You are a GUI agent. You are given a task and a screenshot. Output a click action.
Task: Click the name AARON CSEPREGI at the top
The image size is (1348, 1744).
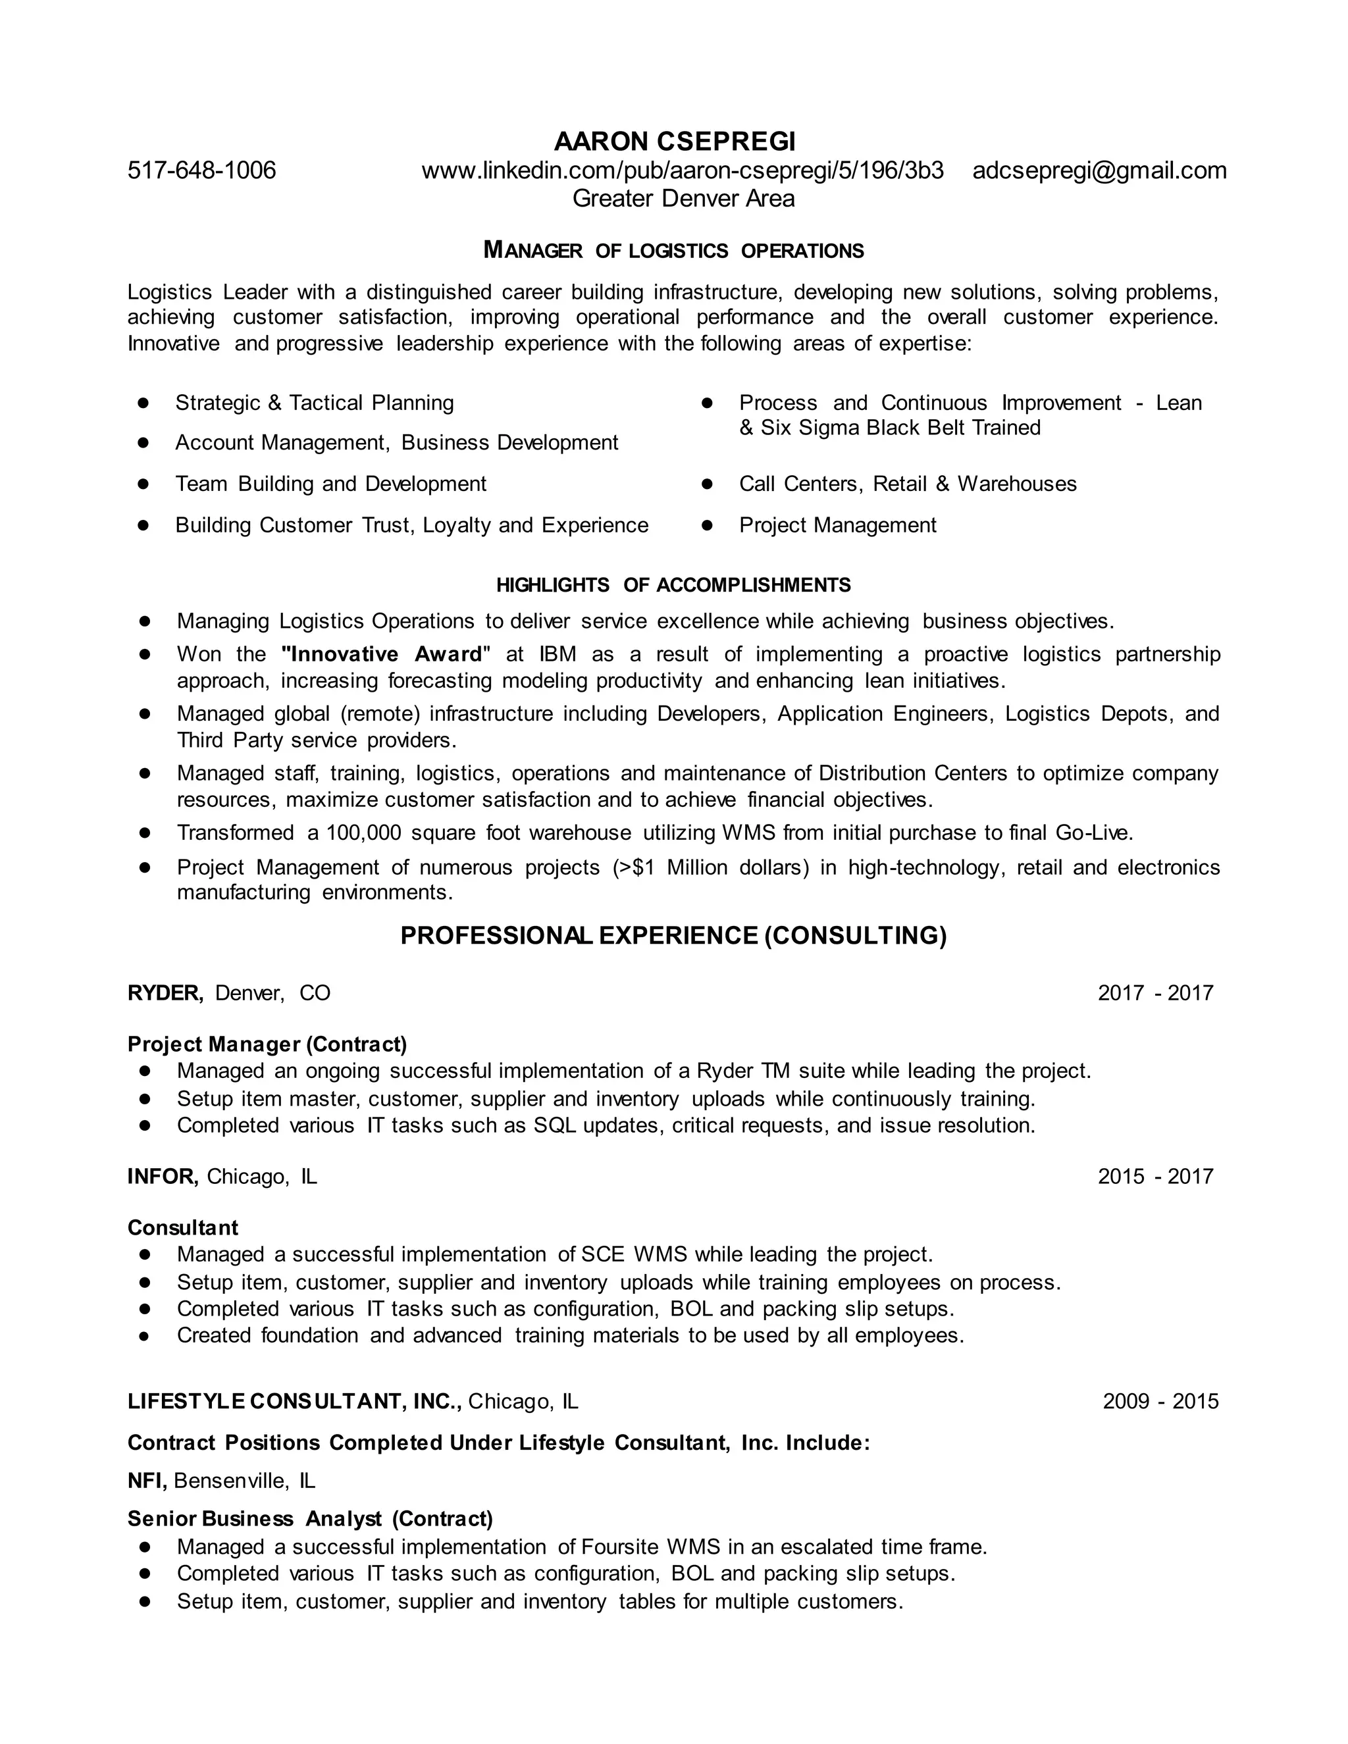(x=674, y=141)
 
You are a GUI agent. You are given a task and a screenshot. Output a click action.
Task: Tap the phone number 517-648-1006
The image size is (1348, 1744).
(x=202, y=170)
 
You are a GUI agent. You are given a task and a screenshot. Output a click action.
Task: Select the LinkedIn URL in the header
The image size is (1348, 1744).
(x=682, y=170)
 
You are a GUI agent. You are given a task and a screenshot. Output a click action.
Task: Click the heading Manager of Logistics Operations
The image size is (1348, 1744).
(x=673, y=251)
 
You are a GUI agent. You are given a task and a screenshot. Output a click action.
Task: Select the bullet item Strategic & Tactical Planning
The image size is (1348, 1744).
(x=314, y=403)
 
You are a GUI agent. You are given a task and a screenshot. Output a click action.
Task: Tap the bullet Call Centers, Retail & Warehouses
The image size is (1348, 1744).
(x=907, y=484)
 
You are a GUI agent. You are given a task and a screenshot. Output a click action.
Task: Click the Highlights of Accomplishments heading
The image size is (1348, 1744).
(x=673, y=585)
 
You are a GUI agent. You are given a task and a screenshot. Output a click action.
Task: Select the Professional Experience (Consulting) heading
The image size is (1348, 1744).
(x=673, y=935)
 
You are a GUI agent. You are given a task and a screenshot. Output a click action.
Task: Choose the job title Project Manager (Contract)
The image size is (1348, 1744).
(x=267, y=1044)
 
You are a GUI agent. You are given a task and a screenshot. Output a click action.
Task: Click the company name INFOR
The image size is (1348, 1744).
(x=162, y=1176)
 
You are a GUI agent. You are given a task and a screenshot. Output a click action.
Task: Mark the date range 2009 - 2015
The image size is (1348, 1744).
(x=1160, y=1401)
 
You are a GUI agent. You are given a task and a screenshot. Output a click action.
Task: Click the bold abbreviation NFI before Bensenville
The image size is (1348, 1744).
(x=146, y=1481)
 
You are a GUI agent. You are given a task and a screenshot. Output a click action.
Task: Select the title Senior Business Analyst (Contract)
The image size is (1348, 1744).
(x=310, y=1518)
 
